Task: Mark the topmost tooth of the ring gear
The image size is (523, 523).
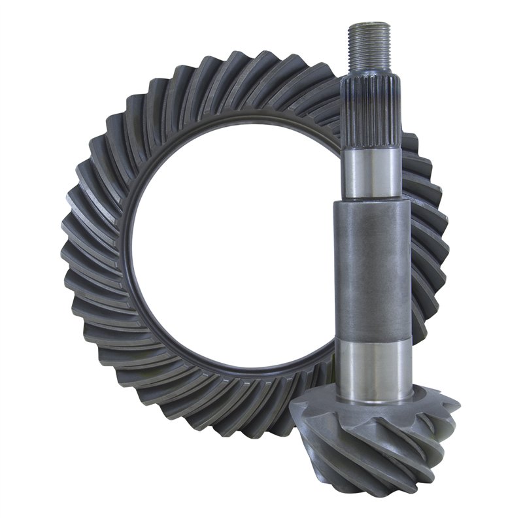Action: pos(261,62)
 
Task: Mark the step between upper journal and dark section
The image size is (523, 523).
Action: pos(371,199)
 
